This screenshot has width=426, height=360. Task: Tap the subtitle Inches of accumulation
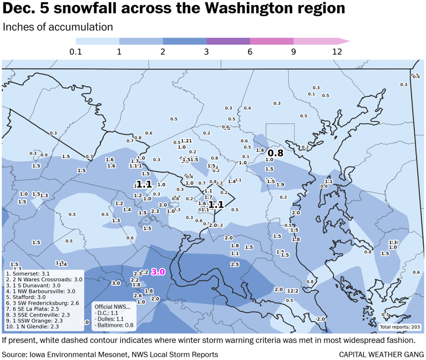click(58, 27)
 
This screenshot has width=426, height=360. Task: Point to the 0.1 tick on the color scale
click(75, 52)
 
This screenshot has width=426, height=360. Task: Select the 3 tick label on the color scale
click(206, 52)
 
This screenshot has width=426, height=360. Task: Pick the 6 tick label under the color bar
click(250, 52)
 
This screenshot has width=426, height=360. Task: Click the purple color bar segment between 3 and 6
click(228, 41)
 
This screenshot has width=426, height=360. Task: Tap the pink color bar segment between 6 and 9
click(271, 41)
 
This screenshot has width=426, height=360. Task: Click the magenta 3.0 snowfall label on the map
click(159, 272)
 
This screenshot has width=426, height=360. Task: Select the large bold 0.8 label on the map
click(276, 153)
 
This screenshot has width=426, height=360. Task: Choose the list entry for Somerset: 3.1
click(28, 273)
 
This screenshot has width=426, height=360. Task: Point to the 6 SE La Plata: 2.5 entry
click(33, 308)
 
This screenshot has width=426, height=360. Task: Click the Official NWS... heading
click(112, 306)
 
